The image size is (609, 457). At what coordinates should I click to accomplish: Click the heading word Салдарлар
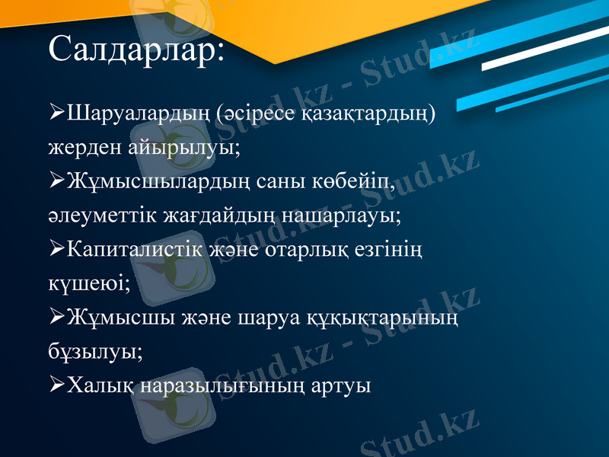point(136,50)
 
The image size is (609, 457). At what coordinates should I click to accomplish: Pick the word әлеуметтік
point(100,216)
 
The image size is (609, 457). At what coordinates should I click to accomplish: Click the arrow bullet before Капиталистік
point(56,250)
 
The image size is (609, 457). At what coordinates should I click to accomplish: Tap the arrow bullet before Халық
point(56,385)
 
